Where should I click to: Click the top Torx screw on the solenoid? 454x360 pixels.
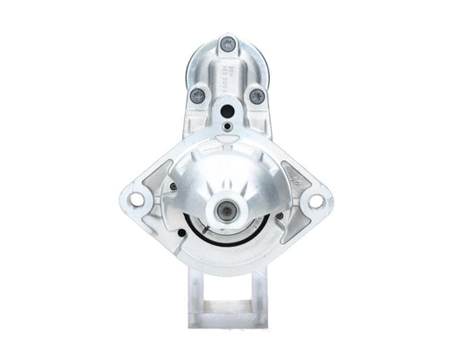(x=227, y=44)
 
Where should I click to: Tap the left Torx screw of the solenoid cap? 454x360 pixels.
(x=198, y=95)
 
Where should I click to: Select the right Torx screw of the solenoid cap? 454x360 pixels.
(x=256, y=96)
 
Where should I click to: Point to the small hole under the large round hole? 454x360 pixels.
(x=227, y=129)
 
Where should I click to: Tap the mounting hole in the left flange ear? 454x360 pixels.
(x=136, y=201)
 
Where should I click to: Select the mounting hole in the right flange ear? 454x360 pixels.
(x=316, y=201)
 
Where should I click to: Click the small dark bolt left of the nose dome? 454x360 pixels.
(x=173, y=186)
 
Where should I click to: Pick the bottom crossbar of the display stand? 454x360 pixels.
(x=227, y=321)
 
